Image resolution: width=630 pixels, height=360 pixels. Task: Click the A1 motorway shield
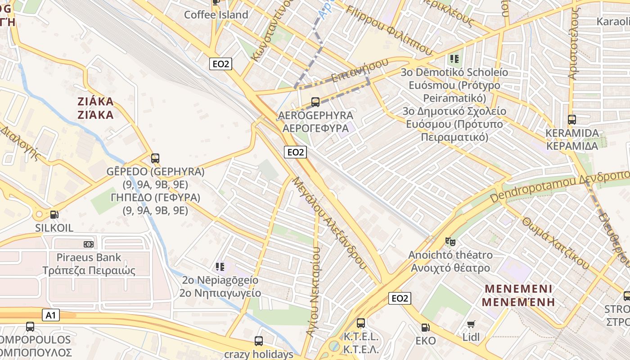pyautogui.click(x=50, y=315)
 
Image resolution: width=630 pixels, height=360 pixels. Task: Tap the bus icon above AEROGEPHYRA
pyautogui.click(x=315, y=102)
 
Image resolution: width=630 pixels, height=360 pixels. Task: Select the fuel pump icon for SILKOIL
pyautogui.click(x=54, y=215)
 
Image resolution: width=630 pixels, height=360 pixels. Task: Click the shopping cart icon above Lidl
pyautogui.click(x=471, y=324)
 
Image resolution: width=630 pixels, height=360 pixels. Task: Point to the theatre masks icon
pyautogui.click(x=450, y=242)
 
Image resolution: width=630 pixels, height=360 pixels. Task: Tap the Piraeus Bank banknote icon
pyautogui.click(x=89, y=244)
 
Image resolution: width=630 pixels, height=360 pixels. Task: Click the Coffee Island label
pyautogui.click(x=216, y=15)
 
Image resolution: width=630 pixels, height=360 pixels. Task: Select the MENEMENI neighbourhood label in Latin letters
pyautogui.click(x=517, y=288)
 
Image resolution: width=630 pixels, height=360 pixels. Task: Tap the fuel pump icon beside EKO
pyautogui.click(x=425, y=328)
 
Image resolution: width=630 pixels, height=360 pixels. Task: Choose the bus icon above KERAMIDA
pyautogui.click(x=571, y=120)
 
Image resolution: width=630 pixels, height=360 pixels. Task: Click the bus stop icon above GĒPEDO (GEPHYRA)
pyautogui.click(x=155, y=158)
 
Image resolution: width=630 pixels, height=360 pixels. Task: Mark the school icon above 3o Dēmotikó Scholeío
pyautogui.click(x=454, y=58)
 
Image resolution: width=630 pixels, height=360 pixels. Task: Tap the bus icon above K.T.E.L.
pyautogui.click(x=360, y=323)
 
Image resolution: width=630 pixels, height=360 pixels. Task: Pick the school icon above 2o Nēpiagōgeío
pyautogui.click(x=220, y=267)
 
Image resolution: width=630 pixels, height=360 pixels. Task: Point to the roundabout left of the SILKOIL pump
pyautogui.click(x=40, y=215)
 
